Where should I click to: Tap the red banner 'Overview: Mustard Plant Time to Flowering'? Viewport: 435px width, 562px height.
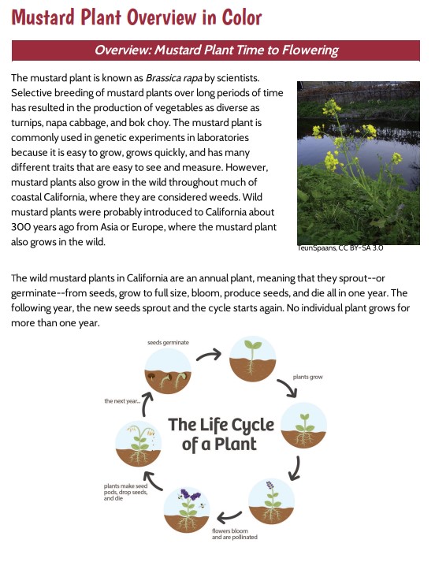[x=217, y=50]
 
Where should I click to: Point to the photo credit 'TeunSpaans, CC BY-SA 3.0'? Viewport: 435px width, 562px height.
[x=340, y=248]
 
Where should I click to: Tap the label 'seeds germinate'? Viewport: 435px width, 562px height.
[x=169, y=343]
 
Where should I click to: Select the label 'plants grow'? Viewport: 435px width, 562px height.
[x=308, y=378]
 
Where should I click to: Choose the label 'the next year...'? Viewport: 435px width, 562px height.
[x=122, y=401]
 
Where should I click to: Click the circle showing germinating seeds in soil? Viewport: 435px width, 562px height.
[x=167, y=372]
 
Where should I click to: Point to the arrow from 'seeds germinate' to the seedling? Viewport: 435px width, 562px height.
[x=208, y=354]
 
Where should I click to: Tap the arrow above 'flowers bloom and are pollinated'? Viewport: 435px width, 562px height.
[x=229, y=517]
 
